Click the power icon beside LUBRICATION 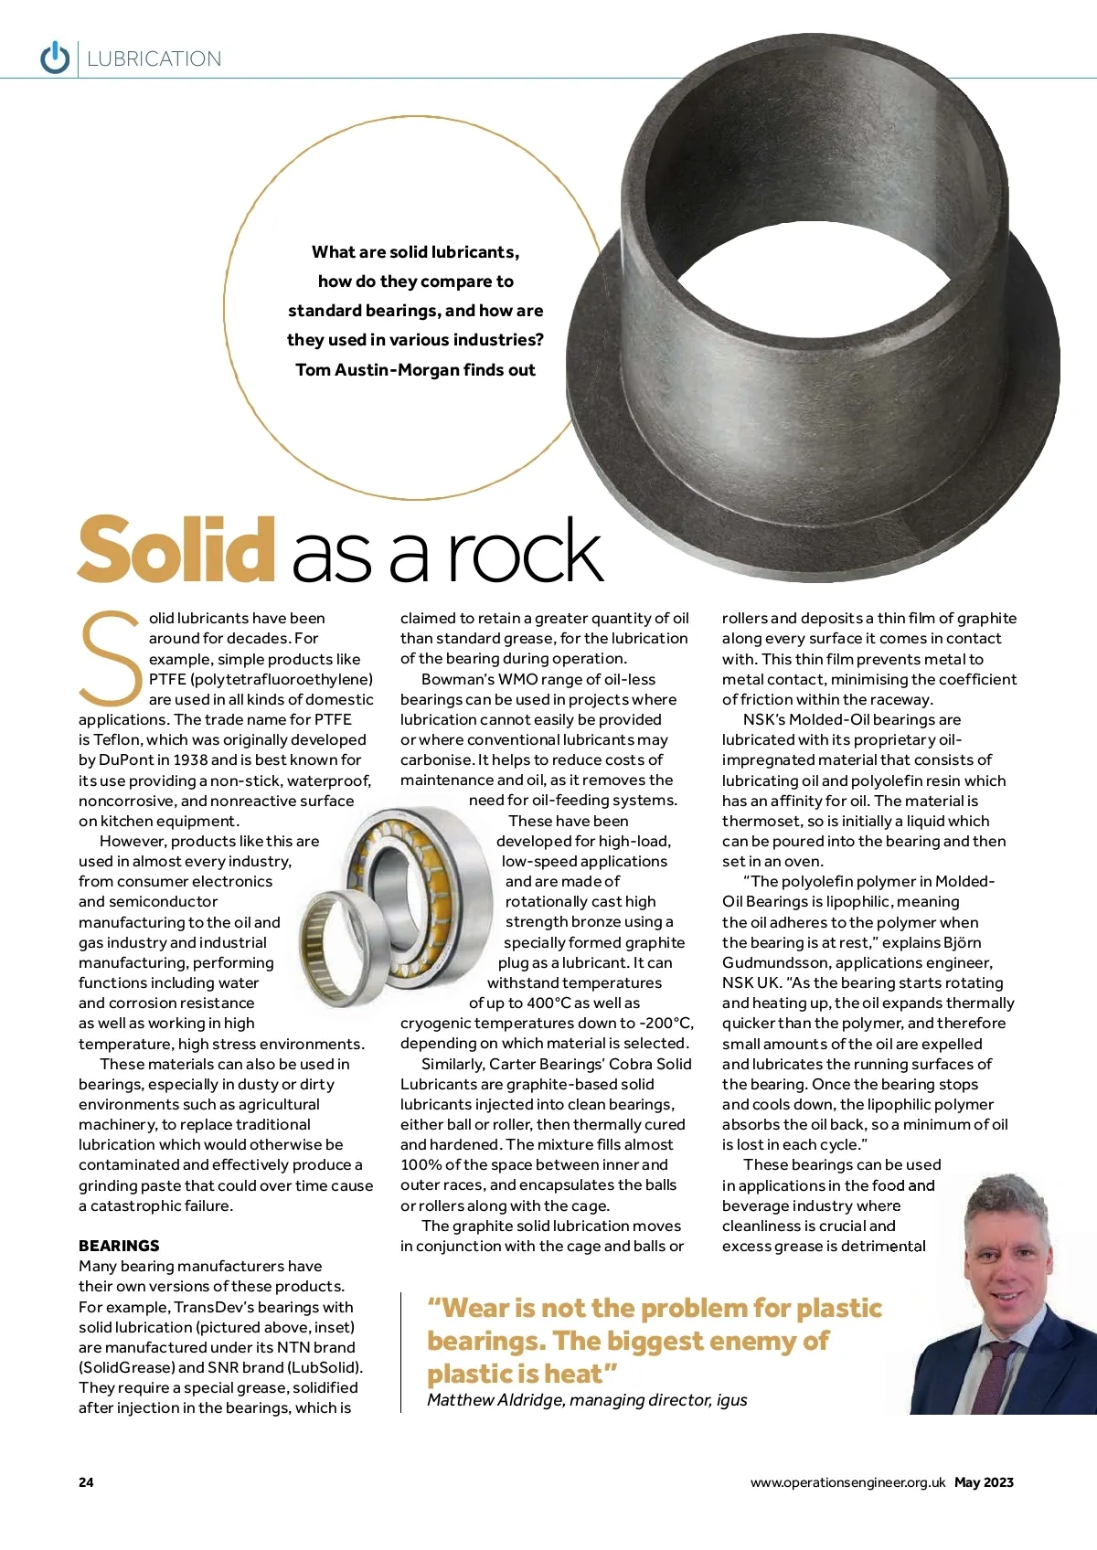(x=55, y=58)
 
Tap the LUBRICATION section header (x=154, y=59)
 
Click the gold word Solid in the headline (x=176, y=549)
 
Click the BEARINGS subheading (x=119, y=1246)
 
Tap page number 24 (x=86, y=1482)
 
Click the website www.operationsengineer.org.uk (x=847, y=1482)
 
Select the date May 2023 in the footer (x=984, y=1482)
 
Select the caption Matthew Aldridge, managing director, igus (x=587, y=1400)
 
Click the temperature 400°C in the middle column (x=548, y=1003)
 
